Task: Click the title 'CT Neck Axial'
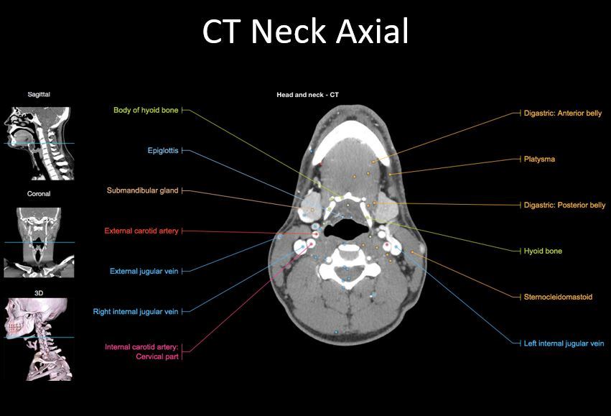(305, 32)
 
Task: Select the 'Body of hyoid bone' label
(146, 111)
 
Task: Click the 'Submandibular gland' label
(142, 191)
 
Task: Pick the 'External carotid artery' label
(141, 231)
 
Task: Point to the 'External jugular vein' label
(144, 272)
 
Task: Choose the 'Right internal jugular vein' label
(136, 312)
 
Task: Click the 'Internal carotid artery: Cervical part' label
(141, 351)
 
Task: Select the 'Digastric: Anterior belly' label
(563, 114)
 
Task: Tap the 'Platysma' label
(539, 159)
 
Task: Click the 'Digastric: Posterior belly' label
(564, 205)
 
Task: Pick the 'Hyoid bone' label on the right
(543, 251)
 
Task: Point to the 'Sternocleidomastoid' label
(558, 297)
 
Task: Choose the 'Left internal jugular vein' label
(564, 343)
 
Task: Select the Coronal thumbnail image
(39, 242)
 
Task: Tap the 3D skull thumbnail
(39, 338)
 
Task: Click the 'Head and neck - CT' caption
(308, 95)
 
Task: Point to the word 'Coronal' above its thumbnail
(39, 194)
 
